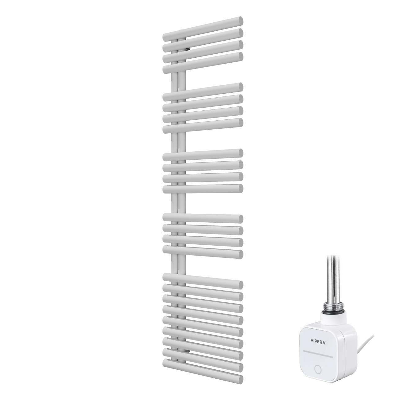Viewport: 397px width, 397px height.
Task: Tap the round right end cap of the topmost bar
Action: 240,21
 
